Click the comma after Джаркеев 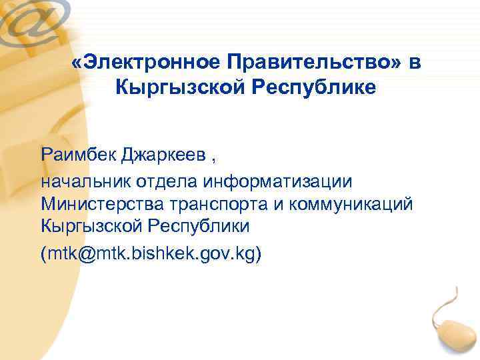[x=214, y=159]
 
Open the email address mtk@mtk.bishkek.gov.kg [x=151, y=254]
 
